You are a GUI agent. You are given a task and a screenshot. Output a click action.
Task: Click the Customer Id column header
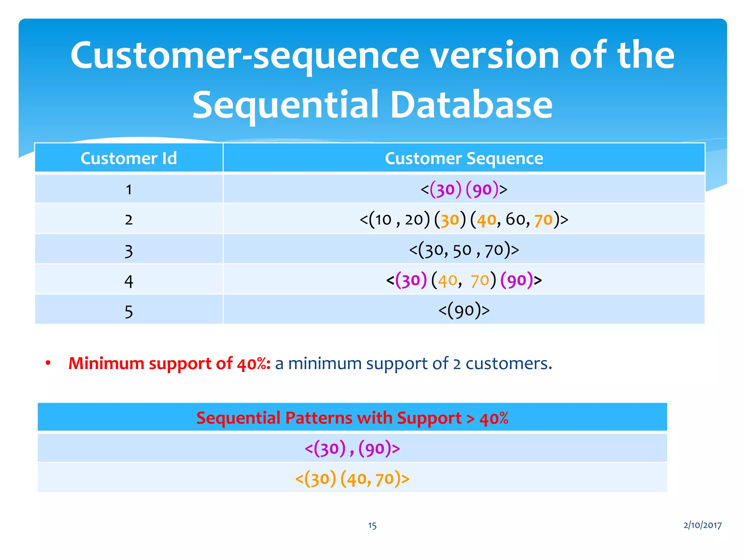(128, 158)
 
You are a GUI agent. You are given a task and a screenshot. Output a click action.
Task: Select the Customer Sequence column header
(464, 158)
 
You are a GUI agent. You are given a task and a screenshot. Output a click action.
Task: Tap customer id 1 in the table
(128, 190)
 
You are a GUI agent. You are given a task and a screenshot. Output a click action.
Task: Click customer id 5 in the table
(128, 312)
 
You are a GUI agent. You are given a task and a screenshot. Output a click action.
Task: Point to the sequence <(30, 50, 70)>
(464, 250)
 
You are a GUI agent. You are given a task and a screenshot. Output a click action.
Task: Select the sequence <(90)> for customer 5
(464, 310)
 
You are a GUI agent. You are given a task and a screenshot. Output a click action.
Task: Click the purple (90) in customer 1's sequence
(482, 190)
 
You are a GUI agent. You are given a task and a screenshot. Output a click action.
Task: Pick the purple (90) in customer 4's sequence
(517, 280)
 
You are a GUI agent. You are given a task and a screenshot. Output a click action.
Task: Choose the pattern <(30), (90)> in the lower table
(352, 448)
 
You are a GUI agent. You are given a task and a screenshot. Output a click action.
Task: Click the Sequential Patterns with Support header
(352, 418)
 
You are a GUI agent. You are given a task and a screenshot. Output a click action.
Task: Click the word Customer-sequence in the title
(244, 55)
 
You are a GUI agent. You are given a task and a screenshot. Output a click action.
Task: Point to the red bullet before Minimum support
(48, 363)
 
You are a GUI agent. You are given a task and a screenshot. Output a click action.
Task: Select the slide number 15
(372, 526)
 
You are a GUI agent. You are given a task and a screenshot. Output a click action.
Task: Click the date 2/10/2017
(702, 525)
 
